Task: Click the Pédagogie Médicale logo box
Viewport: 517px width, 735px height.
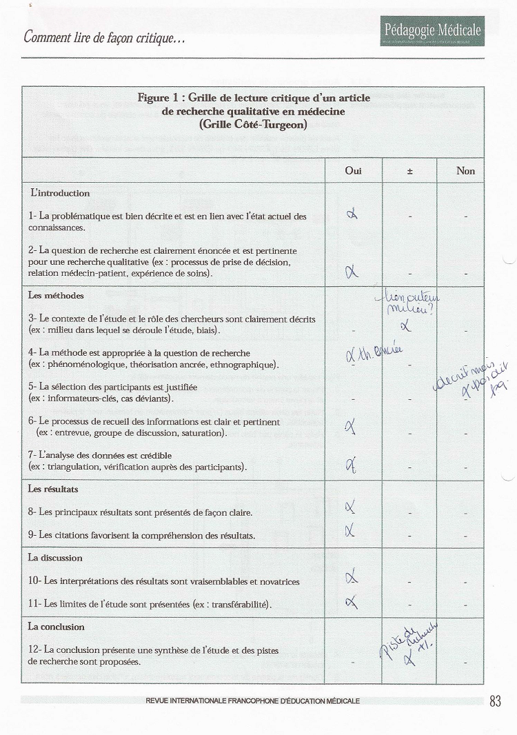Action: (x=432, y=32)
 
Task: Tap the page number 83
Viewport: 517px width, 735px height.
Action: (x=495, y=701)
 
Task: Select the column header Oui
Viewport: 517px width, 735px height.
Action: (x=353, y=170)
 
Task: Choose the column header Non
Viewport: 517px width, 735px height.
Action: (x=466, y=170)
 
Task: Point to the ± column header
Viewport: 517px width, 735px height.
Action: (x=409, y=170)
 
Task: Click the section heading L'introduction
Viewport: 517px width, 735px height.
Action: (x=60, y=193)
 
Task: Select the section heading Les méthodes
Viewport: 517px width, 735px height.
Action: (x=56, y=296)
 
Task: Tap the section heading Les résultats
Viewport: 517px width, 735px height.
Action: (x=53, y=489)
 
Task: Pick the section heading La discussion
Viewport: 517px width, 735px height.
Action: (x=55, y=558)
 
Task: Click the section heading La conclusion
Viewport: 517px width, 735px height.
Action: (x=56, y=627)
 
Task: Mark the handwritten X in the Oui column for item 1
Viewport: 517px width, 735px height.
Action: (x=352, y=216)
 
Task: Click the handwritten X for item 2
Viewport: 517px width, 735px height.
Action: (x=352, y=272)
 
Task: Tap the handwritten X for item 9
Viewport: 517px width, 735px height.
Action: (x=351, y=530)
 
